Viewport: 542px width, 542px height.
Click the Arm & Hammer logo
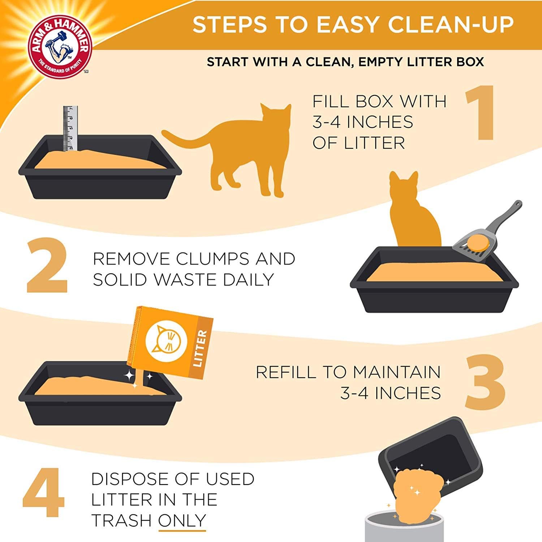pyautogui.click(x=62, y=46)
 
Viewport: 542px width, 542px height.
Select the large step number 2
pyautogui.click(x=47, y=266)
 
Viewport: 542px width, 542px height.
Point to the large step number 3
pyautogui.click(x=484, y=382)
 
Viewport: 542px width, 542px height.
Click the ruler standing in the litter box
pyautogui.click(x=70, y=128)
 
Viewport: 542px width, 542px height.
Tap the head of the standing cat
pyautogui.click(x=275, y=117)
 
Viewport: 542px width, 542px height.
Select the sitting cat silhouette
pyautogui.click(x=416, y=213)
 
